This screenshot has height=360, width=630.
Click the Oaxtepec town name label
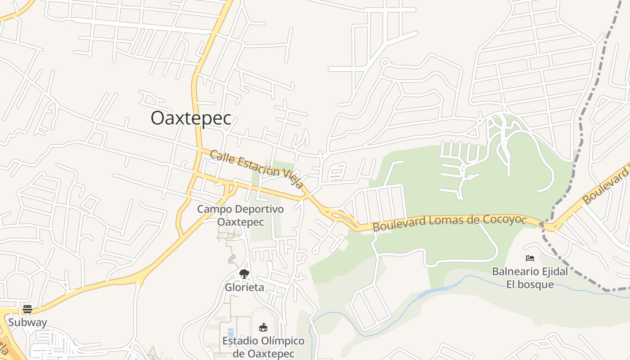191,118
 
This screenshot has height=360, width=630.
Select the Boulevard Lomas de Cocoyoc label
450,222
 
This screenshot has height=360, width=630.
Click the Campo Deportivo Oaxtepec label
240,216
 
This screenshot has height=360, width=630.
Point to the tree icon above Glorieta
244,274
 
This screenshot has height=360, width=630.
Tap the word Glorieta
244,287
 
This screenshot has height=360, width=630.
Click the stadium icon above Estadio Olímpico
263,327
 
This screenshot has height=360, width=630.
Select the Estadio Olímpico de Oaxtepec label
263,347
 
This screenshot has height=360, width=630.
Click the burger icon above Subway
27,309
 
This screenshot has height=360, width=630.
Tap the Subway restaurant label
27,322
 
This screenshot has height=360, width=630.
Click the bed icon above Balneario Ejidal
530,258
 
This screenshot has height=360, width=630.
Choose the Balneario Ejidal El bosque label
530,278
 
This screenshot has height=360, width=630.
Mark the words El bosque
530,285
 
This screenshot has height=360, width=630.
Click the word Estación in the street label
262,170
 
